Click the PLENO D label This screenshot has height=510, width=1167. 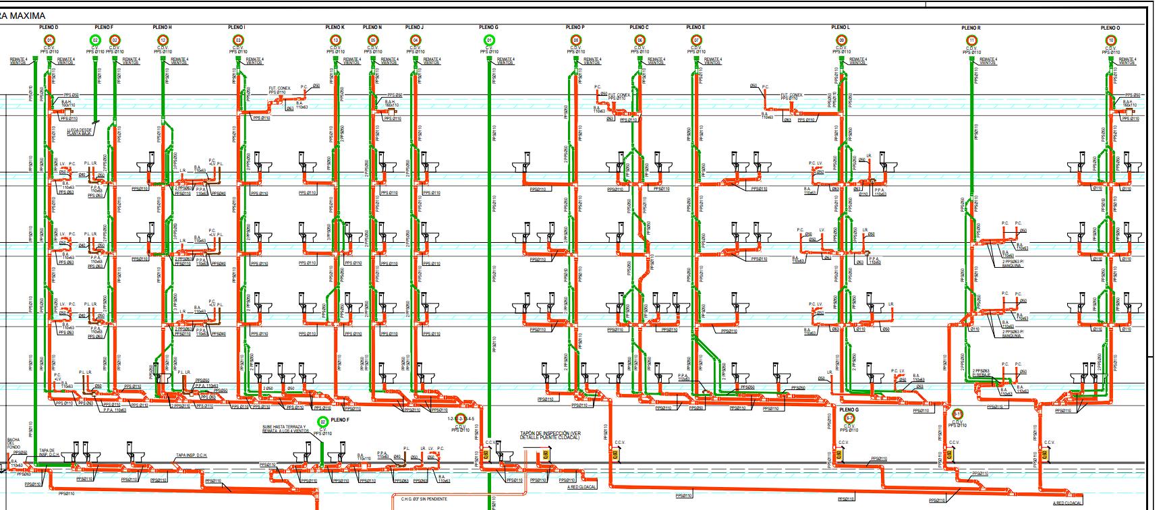pos(49,28)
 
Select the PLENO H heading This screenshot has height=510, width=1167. pos(163,28)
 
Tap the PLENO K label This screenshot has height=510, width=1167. pos(335,28)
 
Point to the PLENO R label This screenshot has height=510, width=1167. pos(971,28)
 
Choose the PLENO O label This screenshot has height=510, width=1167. pos(1110,28)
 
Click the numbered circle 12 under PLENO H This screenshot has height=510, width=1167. pos(163,40)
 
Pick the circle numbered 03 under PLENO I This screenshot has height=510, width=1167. pos(237,40)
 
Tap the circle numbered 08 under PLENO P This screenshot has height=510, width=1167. pos(575,40)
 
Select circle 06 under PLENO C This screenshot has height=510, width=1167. pos(639,40)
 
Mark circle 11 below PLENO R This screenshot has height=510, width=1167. pos(971,41)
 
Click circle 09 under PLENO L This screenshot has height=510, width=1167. pos(841,40)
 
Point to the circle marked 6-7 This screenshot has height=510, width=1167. pos(850,419)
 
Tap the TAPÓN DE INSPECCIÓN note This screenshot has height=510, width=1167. pos(550,435)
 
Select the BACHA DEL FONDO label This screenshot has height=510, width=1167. pos(13,443)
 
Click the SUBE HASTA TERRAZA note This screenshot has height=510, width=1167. pos(284,429)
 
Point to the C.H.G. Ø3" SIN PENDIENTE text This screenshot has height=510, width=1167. pos(424,499)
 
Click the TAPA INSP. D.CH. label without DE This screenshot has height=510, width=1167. pos(192,455)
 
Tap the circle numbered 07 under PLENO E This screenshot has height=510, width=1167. pos(696,40)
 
